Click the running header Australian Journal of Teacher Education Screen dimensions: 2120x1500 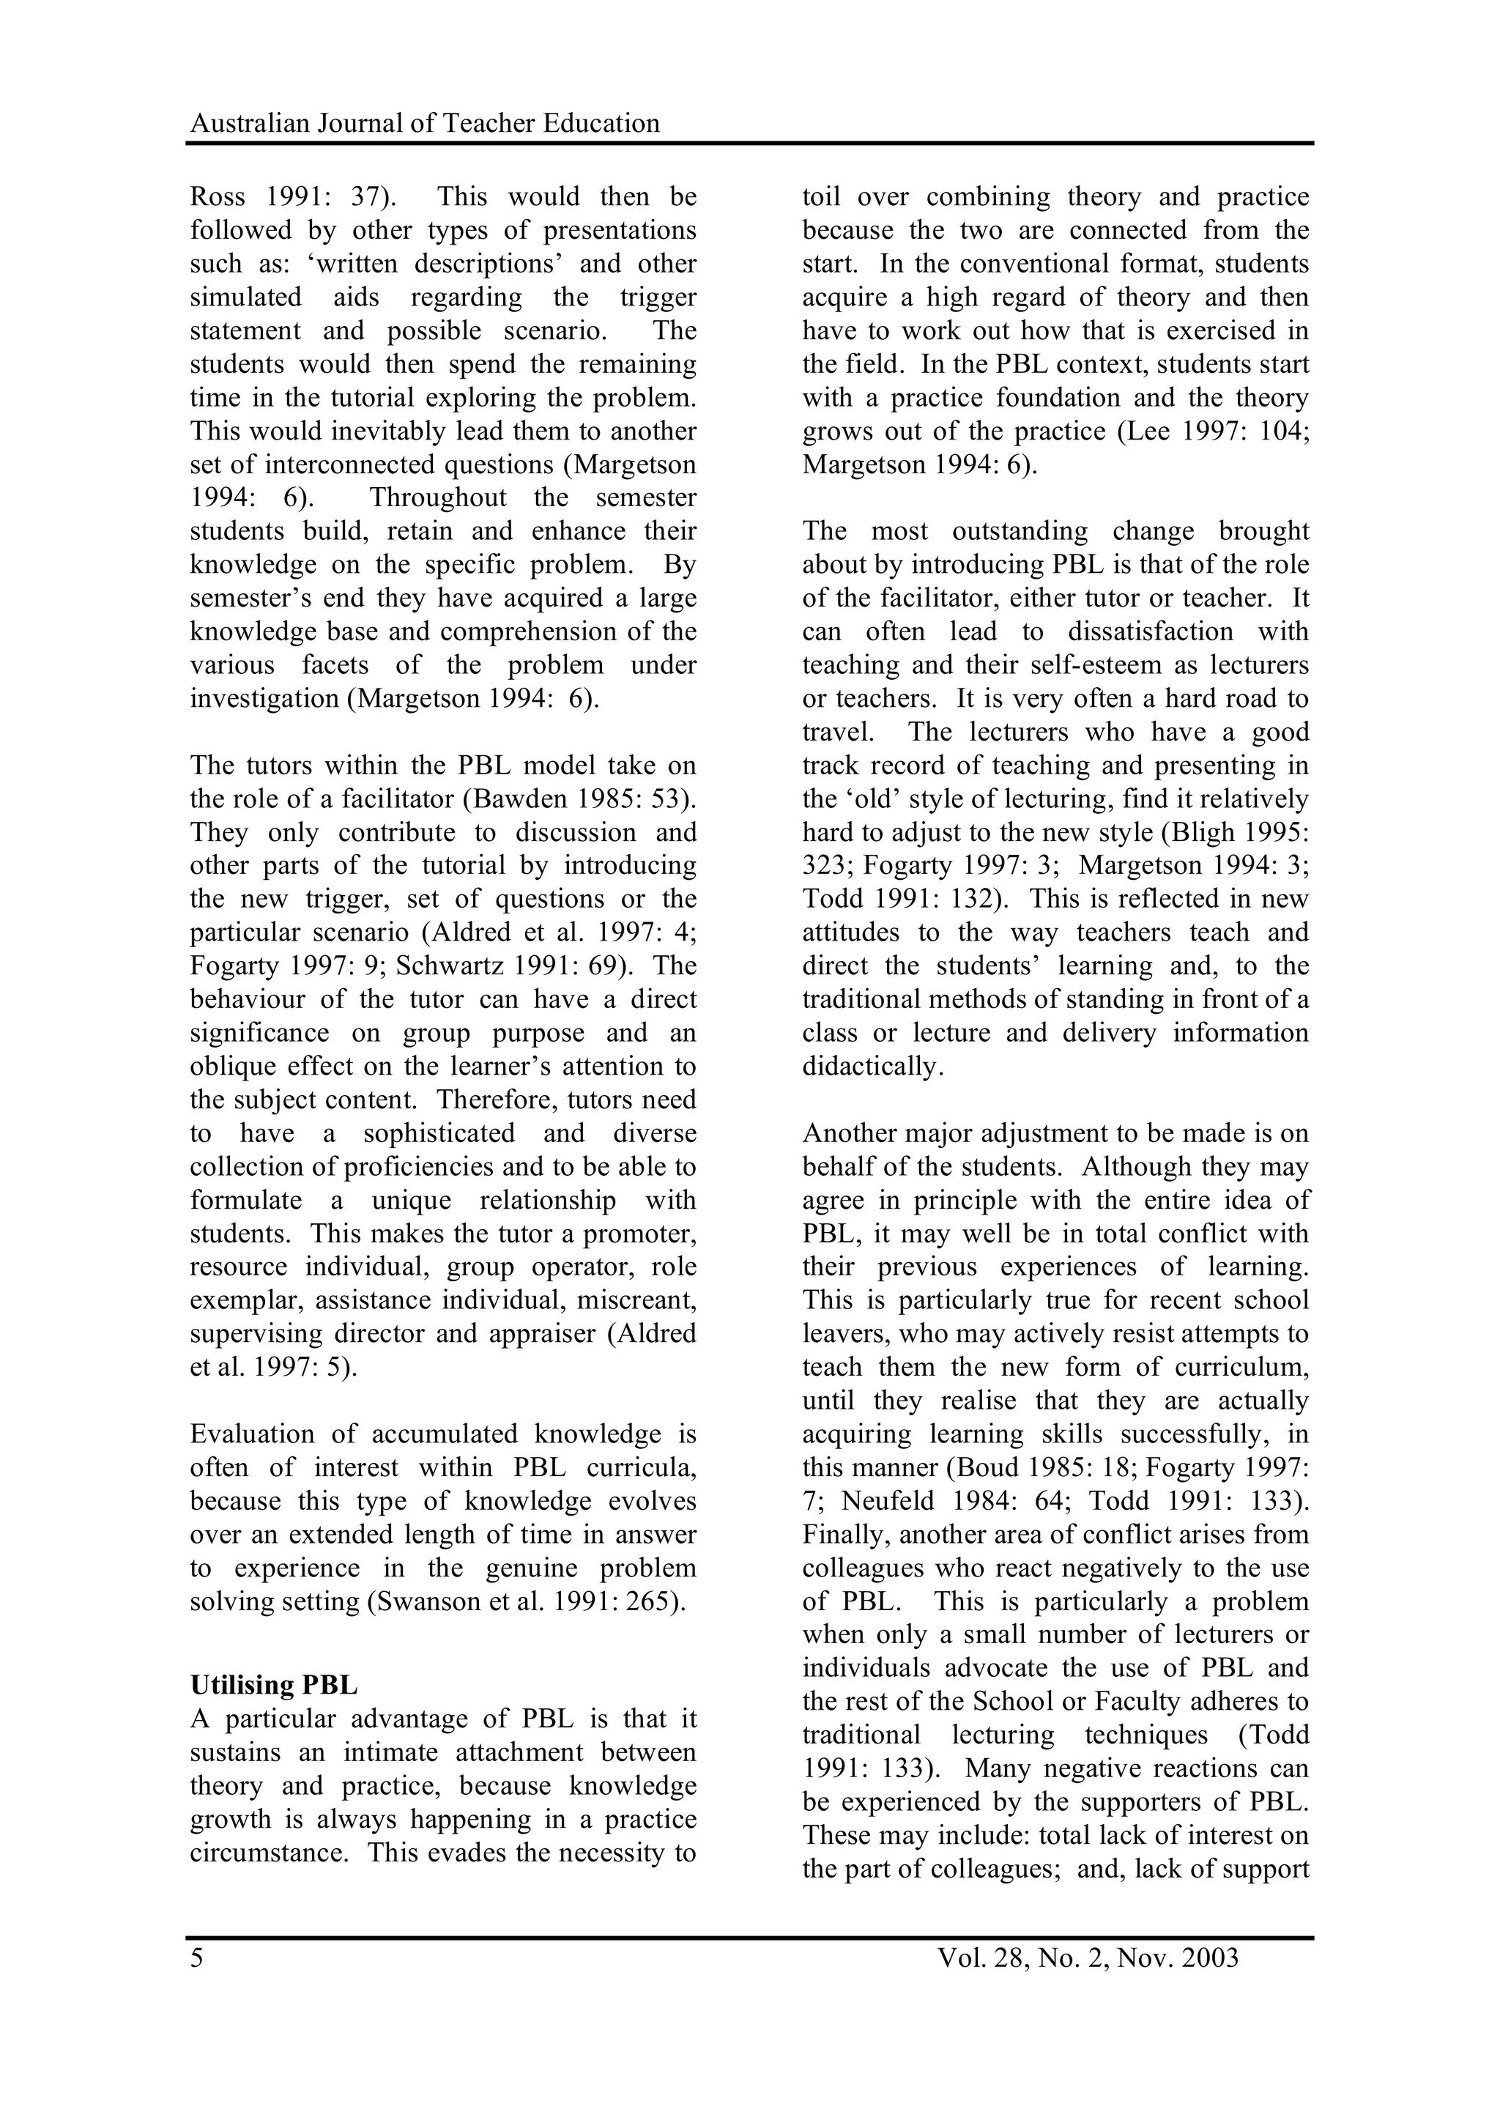425,123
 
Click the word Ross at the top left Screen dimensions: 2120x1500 218,197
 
